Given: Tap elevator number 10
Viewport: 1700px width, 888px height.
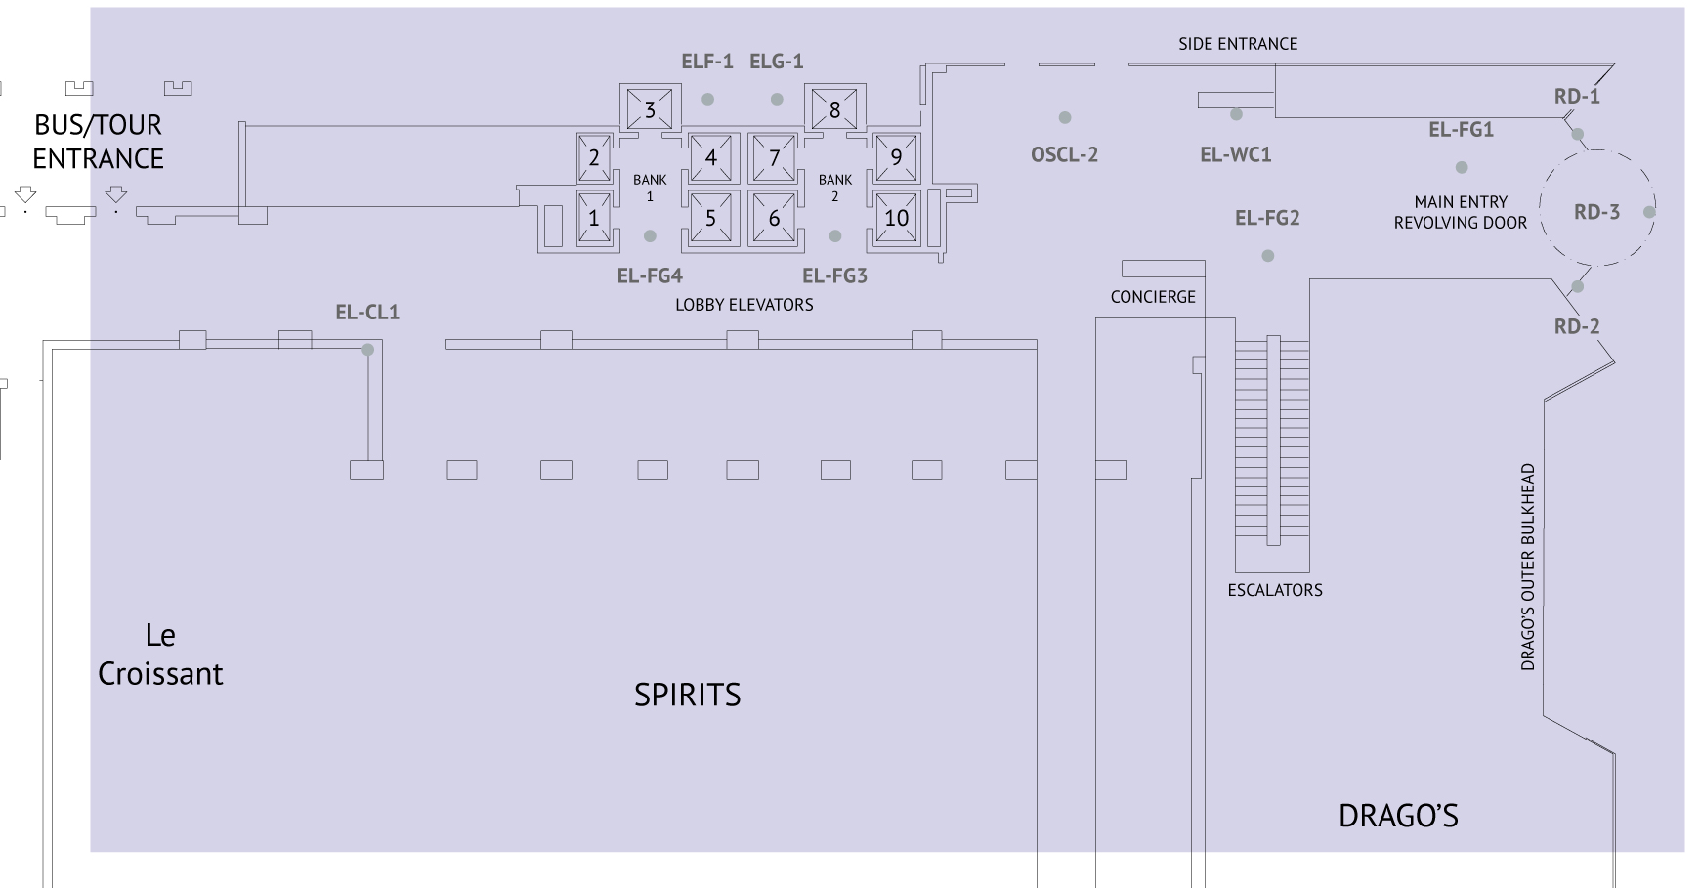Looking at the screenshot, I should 896,218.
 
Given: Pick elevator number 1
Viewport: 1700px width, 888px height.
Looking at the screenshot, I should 593,218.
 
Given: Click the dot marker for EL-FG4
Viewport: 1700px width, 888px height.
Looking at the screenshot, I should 650,236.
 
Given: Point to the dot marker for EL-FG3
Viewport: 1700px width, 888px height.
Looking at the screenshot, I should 835,236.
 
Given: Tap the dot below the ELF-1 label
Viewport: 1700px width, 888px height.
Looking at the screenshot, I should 707,99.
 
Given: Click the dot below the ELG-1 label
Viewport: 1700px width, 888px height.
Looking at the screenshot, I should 777,99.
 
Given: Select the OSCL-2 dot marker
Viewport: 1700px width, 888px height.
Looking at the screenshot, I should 1065,117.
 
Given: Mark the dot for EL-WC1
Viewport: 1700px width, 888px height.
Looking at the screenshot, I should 1236,114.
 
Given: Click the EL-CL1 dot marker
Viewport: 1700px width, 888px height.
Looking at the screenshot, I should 368,350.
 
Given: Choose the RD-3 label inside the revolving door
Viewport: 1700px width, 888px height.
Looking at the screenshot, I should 1596,212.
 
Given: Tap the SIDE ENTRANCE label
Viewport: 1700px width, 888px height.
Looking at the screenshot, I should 1238,44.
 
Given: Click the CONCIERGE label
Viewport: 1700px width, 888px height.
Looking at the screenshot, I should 1153,297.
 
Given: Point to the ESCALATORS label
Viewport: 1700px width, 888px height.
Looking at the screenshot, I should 1275,590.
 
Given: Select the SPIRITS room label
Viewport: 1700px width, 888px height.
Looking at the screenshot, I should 687,695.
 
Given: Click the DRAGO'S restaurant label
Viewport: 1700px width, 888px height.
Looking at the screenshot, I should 1398,816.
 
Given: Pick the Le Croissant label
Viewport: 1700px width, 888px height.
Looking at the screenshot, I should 160,655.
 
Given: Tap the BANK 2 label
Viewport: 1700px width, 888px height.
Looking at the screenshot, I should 835,188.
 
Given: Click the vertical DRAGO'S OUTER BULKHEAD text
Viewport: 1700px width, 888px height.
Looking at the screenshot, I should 1528,567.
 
